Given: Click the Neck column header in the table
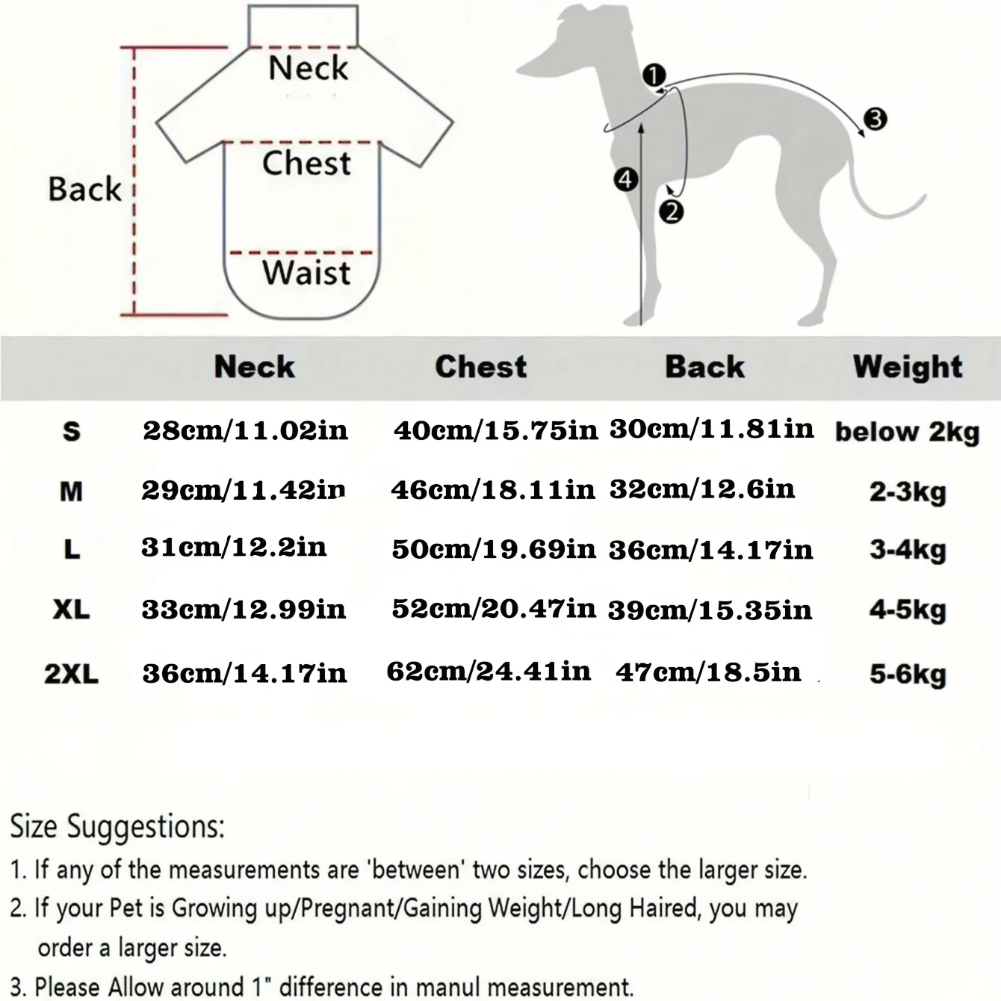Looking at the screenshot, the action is pyautogui.click(x=255, y=367).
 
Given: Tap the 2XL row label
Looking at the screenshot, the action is pyautogui.click(x=71, y=674).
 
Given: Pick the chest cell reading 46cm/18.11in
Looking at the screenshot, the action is pyautogui.click(x=493, y=490).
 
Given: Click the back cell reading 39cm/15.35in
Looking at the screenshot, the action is pyautogui.click(x=710, y=610).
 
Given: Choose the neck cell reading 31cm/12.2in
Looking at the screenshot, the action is pyautogui.click(x=234, y=547).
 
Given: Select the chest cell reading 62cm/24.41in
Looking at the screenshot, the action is pyautogui.click(x=489, y=671).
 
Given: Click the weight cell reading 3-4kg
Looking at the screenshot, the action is pyautogui.click(x=908, y=551).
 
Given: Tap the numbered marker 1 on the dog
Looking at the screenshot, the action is pyautogui.click(x=654, y=76).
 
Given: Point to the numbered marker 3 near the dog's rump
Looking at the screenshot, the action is pyautogui.click(x=875, y=120).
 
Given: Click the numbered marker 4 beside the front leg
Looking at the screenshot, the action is pyautogui.click(x=625, y=180).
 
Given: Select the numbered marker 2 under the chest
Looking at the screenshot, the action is pyautogui.click(x=671, y=212).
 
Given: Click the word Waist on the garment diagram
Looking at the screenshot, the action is pyautogui.click(x=306, y=273).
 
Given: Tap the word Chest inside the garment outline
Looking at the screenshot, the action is pyautogui.click(x=306, y=163).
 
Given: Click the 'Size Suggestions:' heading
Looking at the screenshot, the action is pyautogui.click(x=117, y=826).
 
